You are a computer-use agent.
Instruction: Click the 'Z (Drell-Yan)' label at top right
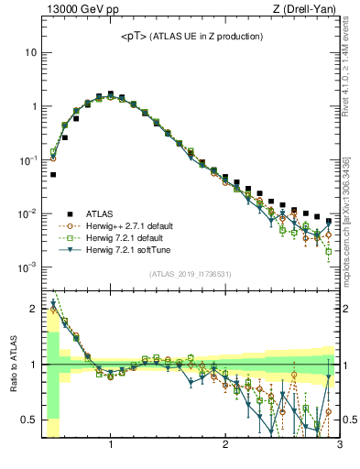(309, 11)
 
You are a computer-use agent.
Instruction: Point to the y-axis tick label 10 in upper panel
(30, 52)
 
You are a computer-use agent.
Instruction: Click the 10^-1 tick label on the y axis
(28, 159)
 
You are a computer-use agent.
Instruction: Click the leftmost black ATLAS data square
(53, 174)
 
